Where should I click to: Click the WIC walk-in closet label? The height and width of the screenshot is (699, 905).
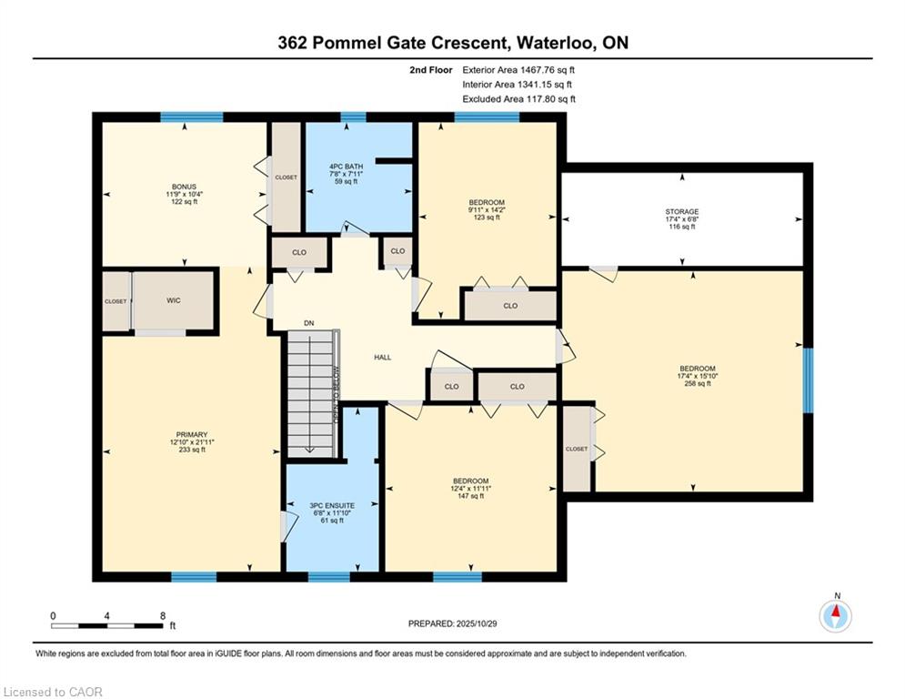173,300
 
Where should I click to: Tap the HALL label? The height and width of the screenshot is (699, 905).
382,357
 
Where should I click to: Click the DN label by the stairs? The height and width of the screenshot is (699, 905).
308,323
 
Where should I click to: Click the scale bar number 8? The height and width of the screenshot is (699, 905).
163,616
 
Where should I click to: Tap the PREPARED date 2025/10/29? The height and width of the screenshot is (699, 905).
477,623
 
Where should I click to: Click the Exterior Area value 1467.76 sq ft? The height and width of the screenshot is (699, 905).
548,70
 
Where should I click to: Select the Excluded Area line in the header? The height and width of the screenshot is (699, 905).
518,99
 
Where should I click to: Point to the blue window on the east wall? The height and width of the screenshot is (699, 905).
809,380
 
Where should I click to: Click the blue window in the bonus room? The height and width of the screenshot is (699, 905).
192,117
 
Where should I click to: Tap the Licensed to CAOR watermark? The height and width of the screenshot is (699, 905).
53,692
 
